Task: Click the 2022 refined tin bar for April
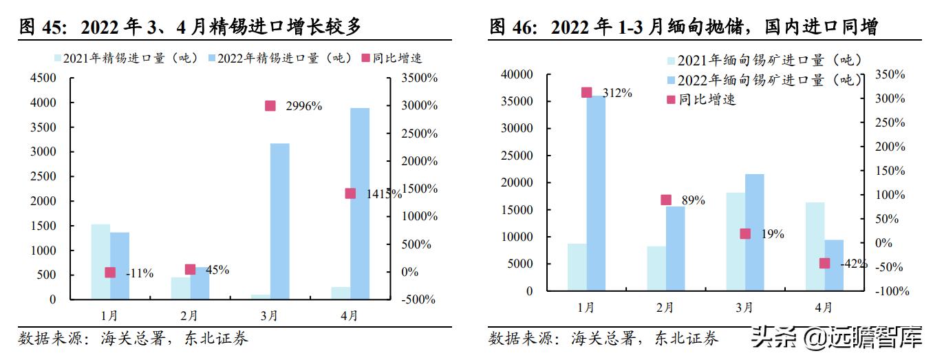(360, 204)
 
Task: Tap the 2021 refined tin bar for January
(100, 262)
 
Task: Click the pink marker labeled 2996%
(270, 106)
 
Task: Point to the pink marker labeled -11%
(110, 273)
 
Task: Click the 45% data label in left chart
(217, 270)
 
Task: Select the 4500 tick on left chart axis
(43, 78)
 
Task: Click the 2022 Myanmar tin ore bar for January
(596, 193)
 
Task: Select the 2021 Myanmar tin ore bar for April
(815, 246)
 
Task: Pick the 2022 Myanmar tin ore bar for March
(755, 232)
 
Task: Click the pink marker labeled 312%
(586, 93)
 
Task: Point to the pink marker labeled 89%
(666, 200)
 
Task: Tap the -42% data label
(853, 264)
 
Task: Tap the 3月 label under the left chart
(270, 316)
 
